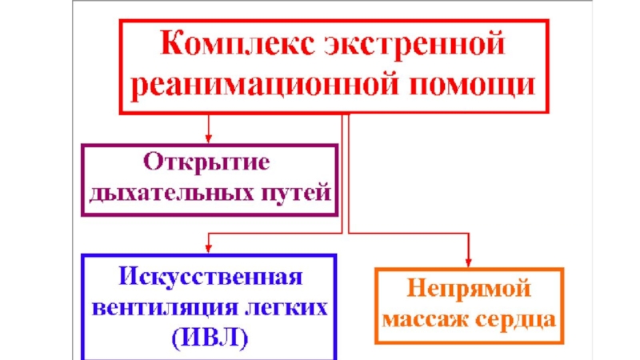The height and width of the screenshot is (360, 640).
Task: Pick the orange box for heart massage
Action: pos(469,305)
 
